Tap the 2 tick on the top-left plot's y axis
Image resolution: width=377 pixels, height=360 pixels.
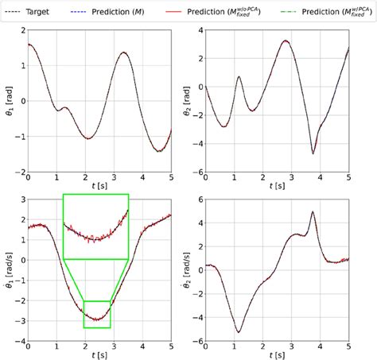(x=23, y=29)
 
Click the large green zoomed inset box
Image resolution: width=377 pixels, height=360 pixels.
(x=95, y=226)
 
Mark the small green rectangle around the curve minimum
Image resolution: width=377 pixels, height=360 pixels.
(x=97, y=314)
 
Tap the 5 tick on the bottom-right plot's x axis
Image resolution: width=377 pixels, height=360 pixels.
(x=348, y=347)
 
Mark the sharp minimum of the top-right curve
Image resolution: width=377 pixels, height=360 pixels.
(x=313, y=153)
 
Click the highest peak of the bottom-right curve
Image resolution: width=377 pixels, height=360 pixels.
(x=313, y=212)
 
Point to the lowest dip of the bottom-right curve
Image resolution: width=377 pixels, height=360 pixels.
(x=239, y=331)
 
